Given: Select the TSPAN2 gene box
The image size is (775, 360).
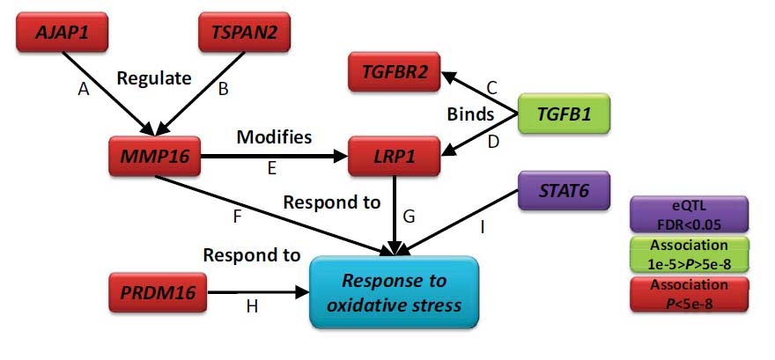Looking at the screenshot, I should click(242, 33).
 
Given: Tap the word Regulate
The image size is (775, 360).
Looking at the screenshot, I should click(154, 78).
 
